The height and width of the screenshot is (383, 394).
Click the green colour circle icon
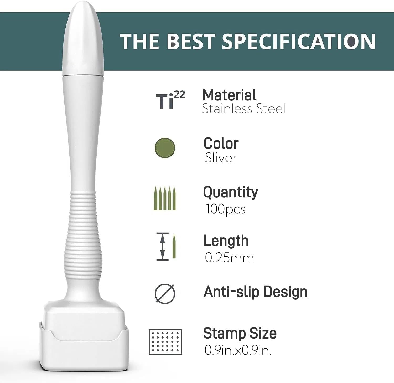click(x=165, y=148)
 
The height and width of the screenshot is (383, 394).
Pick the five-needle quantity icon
click(x=165, y=198)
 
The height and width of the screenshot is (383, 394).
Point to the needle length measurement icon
click(x=166, y=246)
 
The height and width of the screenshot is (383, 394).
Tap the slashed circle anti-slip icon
click(x=165, y=294)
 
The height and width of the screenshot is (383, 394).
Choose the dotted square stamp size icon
click(x=165, y=342)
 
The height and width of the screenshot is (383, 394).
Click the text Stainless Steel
click(x=243, y=109)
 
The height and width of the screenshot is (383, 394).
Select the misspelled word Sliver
click(x=221, y=158)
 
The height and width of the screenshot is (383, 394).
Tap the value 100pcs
click(x=225, y=209)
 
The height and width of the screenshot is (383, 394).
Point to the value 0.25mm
click(x=229, y=258)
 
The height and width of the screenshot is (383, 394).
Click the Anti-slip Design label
click(x=255, y=292)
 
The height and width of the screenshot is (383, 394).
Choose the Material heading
click(x=229, y=95)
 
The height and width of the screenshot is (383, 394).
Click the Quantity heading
click(x=231, y=192)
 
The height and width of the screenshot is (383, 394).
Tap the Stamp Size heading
click(x=240, y=333)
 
